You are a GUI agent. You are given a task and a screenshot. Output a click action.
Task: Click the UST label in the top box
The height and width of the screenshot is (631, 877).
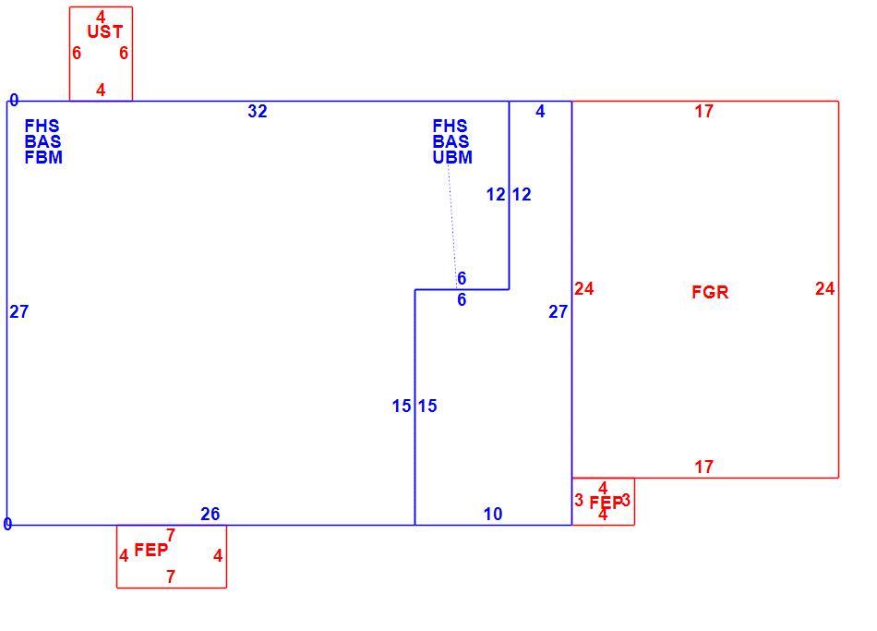[104, 32]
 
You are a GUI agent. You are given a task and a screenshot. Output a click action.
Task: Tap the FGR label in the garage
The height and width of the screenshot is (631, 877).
[710, 292]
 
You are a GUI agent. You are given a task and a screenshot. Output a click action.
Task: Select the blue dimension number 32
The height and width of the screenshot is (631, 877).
[258, 112]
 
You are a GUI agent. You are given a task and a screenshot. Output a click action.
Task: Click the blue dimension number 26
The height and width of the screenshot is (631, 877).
[210, 514]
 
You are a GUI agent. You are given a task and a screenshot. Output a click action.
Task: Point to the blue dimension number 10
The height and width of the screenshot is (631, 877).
[493, 514]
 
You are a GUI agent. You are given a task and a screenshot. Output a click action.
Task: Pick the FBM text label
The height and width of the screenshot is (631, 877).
[43, 157]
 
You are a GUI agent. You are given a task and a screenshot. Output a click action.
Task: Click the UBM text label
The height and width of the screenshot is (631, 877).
[452, 157]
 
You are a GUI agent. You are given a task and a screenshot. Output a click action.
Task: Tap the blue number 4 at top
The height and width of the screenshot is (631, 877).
[540, 112]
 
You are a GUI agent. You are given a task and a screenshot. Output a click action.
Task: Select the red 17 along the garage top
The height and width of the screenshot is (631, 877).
[704, 112]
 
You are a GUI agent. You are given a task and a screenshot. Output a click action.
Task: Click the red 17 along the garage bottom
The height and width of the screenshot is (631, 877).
[704, 467]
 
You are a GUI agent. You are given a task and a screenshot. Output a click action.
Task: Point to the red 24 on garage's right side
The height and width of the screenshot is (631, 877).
[825, 288]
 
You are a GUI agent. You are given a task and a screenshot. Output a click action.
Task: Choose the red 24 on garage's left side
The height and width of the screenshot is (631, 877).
[584, 288]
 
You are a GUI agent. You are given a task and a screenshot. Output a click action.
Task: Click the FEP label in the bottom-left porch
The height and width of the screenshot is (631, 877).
[151, 550]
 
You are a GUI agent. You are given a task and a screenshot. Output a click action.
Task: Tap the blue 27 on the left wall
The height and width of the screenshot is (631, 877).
[19, 311]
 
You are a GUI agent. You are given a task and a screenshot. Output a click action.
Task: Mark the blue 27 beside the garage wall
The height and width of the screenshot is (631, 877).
[559, 311]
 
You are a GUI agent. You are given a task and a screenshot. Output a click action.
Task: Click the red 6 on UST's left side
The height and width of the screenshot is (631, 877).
[77, 54]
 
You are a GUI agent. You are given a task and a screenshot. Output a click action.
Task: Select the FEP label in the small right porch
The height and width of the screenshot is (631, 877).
[606, 503]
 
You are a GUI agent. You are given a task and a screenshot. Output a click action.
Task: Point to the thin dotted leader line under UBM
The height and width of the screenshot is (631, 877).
[452, 226]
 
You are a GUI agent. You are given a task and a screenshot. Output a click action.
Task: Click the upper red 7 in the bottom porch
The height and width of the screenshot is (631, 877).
[171, 535]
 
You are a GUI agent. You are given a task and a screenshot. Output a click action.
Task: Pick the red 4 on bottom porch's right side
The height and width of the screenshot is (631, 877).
[218, 555]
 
